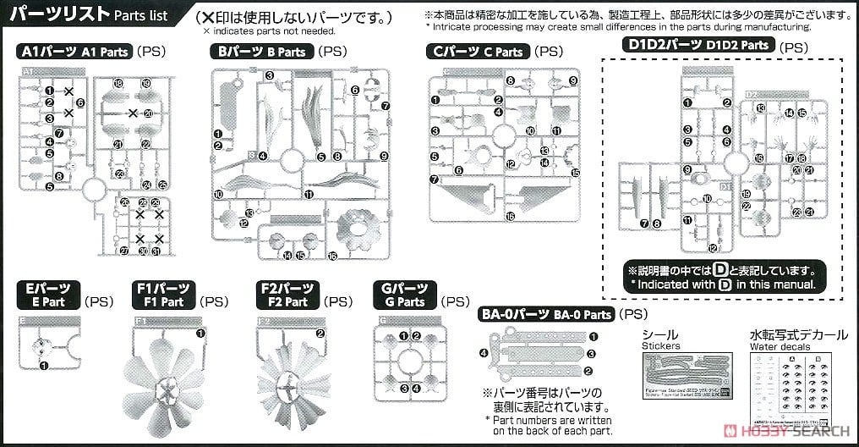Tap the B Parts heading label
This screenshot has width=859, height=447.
point(262,52)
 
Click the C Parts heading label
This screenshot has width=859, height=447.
point(478,52)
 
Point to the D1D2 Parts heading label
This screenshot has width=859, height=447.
point(695,45)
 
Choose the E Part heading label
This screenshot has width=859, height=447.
point(48,295)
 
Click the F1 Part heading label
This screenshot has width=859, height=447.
point(164,295)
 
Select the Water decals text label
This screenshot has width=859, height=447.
point(778,347)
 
